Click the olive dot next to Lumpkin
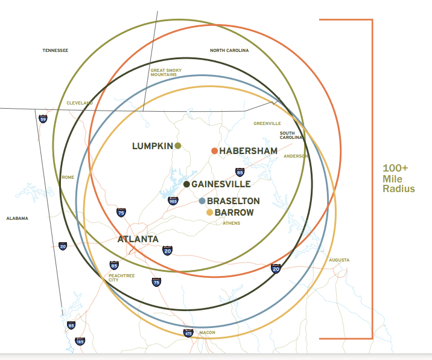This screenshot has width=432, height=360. pos(178,146)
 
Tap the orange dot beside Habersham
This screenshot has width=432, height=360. pos(214,150)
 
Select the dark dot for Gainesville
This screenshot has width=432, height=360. pos(187,184)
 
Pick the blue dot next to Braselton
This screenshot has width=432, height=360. pos(202,201)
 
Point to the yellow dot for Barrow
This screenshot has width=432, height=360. pos(210,213)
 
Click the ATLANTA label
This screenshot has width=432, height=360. pos(138,239)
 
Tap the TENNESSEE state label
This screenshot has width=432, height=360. pos(55,50)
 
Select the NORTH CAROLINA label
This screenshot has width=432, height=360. pos(229,50)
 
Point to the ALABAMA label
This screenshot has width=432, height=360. pos(17,218)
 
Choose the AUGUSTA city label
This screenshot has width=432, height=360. pos(339,260)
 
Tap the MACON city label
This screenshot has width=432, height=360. pos(206,333)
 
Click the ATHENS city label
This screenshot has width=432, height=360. pos(231,223)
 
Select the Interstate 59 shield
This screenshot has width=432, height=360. pos(42,119)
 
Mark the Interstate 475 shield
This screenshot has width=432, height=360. pos(189,333)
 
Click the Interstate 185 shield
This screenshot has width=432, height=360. pos(80,341)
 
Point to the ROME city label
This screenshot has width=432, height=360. pos(68,178)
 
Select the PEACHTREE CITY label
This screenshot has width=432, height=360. pos(121,277)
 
